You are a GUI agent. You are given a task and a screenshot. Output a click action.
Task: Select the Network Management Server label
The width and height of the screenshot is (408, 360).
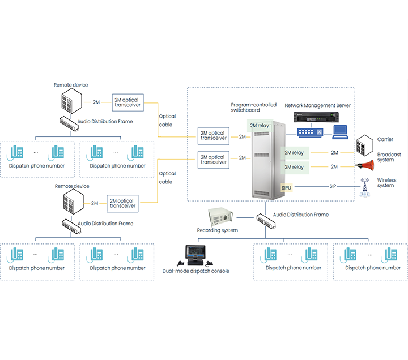pos(318,105)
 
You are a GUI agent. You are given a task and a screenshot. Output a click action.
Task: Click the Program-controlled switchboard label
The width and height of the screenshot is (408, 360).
pos(254,108)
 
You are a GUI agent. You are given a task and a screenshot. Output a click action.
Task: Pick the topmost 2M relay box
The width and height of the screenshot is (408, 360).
pos(260,125)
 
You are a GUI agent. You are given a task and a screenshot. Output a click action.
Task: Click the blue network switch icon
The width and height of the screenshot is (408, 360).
pos(311,132)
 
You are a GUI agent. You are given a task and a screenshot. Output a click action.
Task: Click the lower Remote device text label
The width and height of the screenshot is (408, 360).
pos(71,186)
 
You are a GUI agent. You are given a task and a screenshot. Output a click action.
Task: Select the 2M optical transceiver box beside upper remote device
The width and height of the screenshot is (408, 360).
pos(127,102)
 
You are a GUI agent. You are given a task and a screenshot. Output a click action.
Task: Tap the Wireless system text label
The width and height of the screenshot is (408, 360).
pos(387,183)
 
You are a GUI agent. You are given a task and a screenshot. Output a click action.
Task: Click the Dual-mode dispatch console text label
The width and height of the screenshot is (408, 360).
pos(195,271)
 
